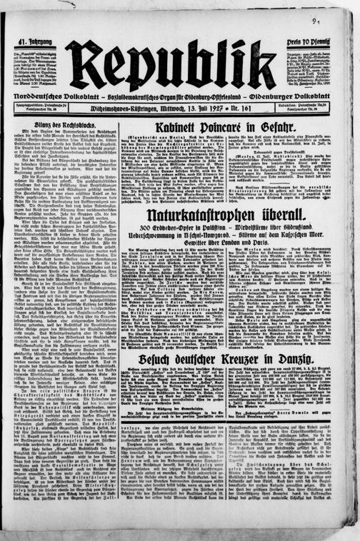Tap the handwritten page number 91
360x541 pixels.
335,23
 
